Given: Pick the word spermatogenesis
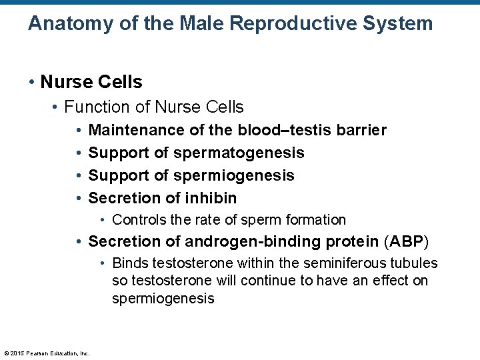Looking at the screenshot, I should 239,153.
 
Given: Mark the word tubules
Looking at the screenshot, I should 414,263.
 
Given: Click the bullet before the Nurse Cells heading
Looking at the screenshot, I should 32,83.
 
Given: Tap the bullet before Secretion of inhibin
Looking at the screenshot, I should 79,198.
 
